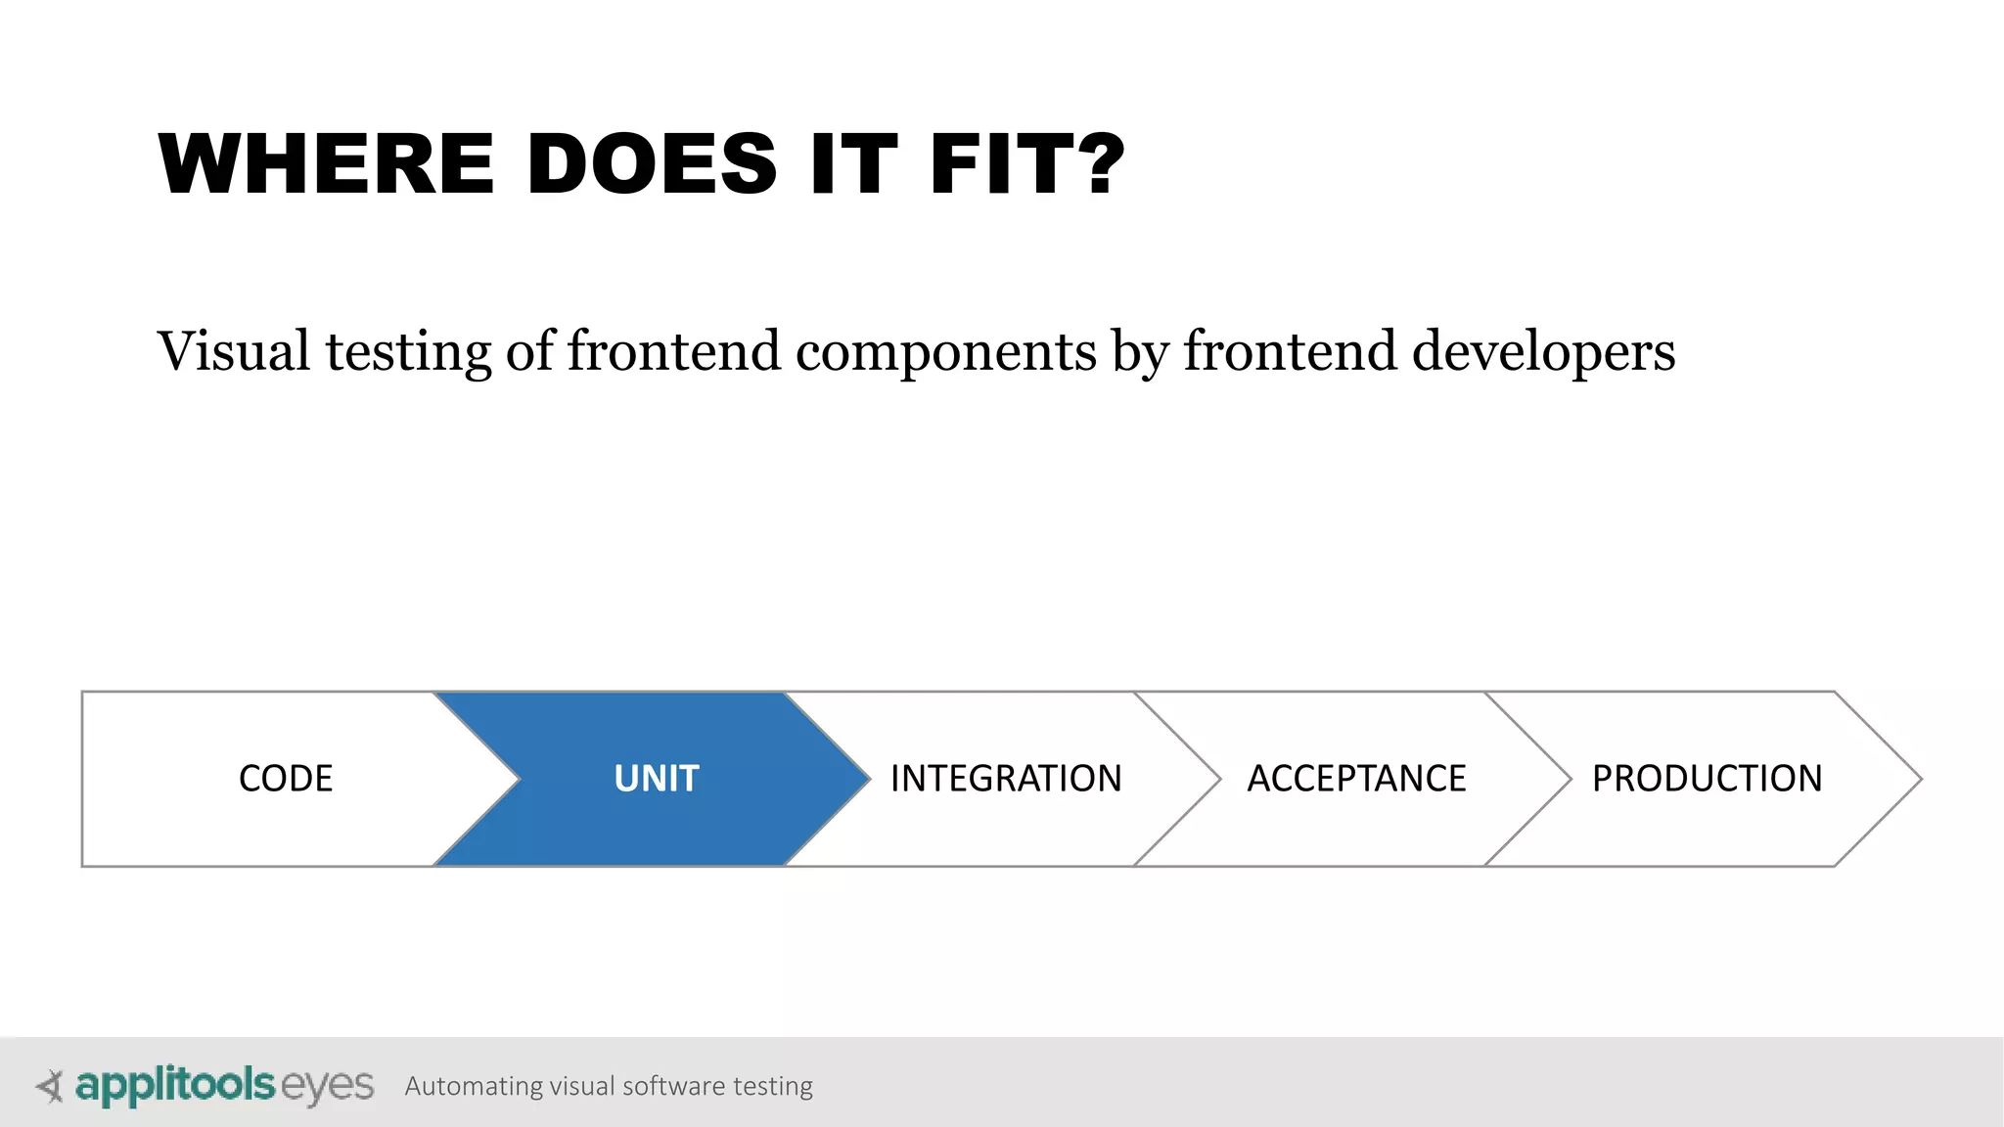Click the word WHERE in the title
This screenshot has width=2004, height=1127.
(x=327, y=164)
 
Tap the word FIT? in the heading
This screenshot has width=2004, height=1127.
(x=1027, y=164)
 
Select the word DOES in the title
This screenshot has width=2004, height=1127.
(x=652, y=164)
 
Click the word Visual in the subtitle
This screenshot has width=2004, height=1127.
(x=234, y=351)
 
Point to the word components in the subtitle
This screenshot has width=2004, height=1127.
(x=946, y=353)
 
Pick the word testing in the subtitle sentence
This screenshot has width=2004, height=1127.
(x=408, y=353)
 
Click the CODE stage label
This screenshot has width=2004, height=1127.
(x=286, y=779)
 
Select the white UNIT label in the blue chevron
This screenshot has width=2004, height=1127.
(x=656, y=779)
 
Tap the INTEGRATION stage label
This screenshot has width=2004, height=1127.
(x=1006, y=779)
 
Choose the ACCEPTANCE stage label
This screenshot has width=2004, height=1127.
(x=1356, y=779)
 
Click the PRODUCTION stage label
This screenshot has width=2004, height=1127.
(x=1707, y=779)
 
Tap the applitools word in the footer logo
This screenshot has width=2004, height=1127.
(x=175, y=1085)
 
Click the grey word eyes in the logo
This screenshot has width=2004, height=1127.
(x=328, y=1086)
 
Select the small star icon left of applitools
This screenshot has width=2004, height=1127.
(x=50, y=1086)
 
